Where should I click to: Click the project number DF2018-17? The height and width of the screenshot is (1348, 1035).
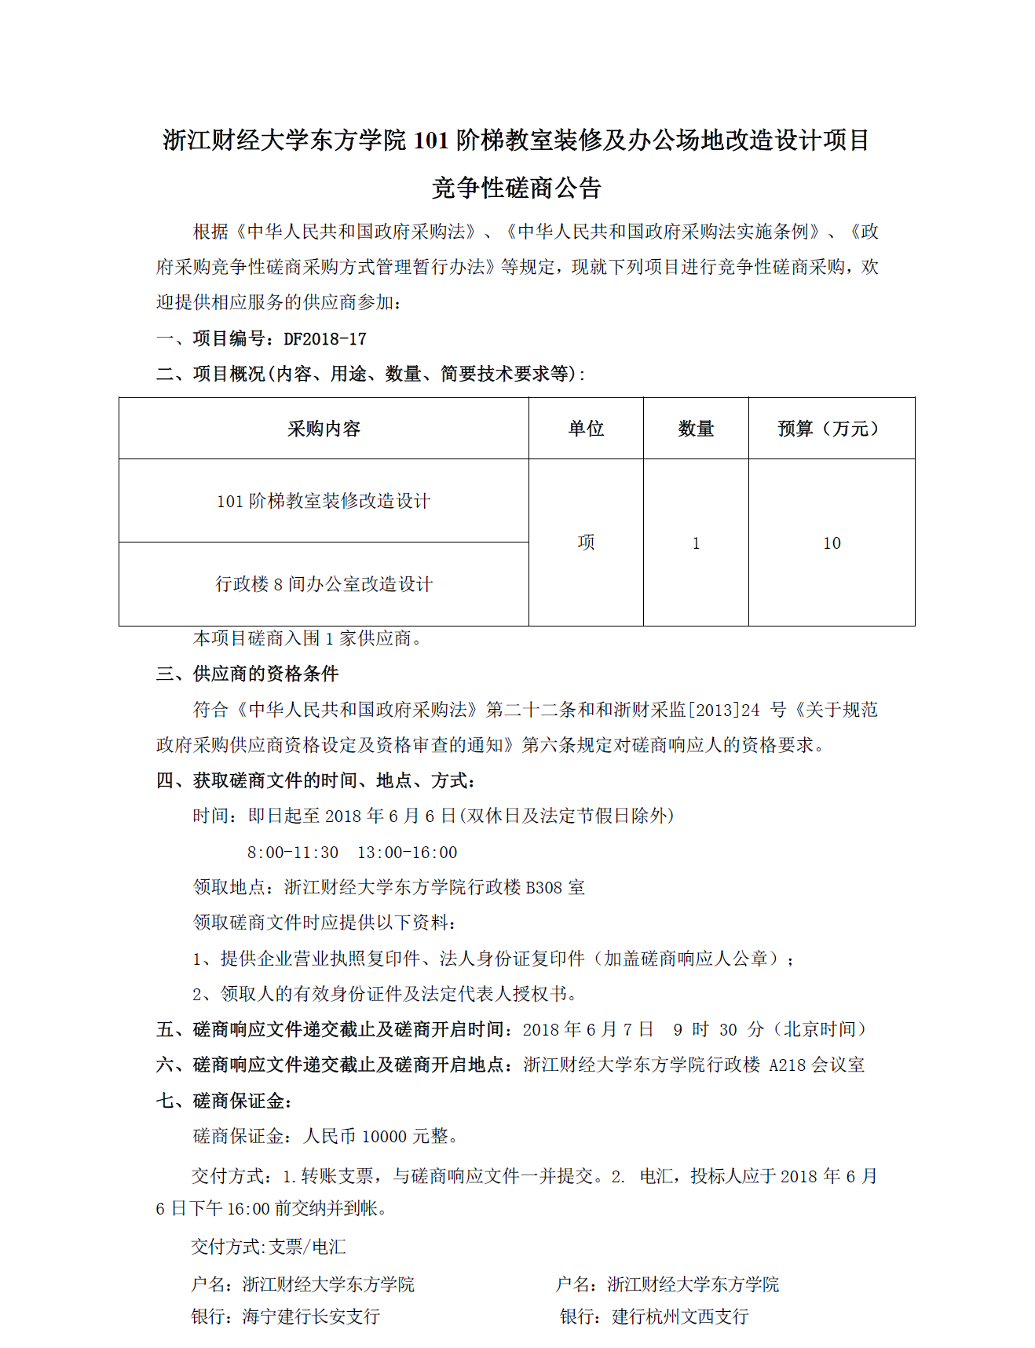(325, 339)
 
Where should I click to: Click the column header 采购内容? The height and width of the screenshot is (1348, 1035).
(324, 429)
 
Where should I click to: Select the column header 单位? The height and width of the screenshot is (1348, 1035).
(586, 429)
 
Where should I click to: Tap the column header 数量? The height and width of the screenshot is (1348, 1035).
(696, 429)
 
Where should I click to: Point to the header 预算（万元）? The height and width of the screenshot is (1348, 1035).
(831, 429)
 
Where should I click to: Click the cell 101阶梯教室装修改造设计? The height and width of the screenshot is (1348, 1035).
(324, 501)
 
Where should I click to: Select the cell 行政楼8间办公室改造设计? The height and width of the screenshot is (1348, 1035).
(324, 584)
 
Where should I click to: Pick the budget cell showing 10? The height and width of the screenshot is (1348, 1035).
(832, 543)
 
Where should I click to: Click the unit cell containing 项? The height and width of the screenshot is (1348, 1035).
(586, 542)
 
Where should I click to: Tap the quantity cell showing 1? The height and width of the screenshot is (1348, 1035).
(696, 543)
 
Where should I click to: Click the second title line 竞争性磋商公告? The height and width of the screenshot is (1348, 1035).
(517, 188)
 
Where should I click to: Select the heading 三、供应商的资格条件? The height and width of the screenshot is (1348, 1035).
(247, 674)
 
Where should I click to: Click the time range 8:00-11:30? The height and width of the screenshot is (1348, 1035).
(293, 853)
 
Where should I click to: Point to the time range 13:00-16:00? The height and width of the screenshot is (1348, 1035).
(407, 853)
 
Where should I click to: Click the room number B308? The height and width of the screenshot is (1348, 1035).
(544, 888)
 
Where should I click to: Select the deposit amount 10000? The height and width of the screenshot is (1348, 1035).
(384, 1137)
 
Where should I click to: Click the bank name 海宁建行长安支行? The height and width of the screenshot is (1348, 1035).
(311, 1317)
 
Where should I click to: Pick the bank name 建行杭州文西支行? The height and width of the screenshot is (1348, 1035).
(680, 1317)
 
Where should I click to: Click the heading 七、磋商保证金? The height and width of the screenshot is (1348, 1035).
(224, 1101)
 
